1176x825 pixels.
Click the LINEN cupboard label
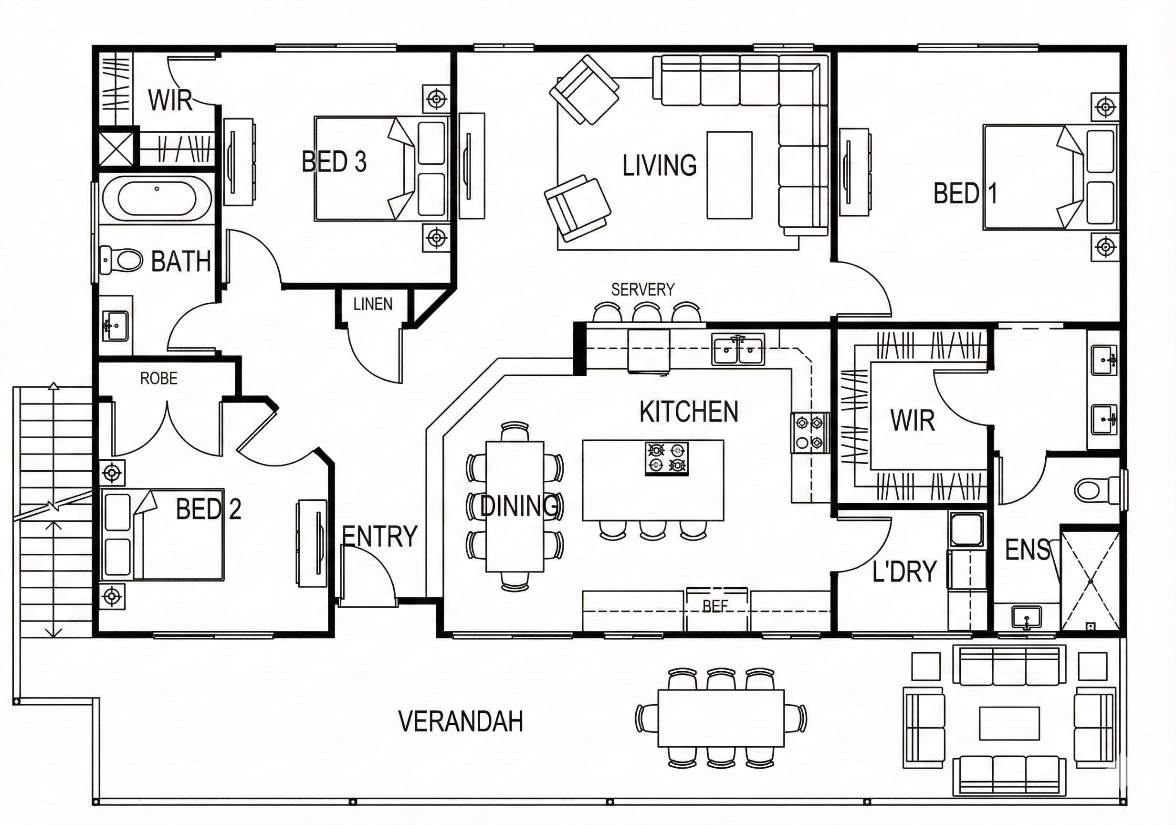click(x=373, y=305)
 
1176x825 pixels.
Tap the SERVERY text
click(x=643, y=289)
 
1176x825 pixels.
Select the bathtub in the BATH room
click(x=157, y=198)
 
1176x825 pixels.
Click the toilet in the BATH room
click(x=121, y=260)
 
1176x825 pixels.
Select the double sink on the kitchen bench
click(x=738, y=349)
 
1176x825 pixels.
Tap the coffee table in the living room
click(x=729, y=175)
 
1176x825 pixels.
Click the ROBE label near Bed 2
click(x=159, y=379)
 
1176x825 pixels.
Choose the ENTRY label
click(x=379, y=537)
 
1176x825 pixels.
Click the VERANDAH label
click(x=461, y=721)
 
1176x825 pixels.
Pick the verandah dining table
click(x=721, y=718)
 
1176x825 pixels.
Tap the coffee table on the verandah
click(x=1009, y=723)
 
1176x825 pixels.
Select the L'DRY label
click(x=904, y=571)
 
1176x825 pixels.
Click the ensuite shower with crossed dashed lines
click(x=1090, y=582)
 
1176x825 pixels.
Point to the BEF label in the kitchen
click(x=715, y=607)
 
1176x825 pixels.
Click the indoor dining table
click(x=515, y=506)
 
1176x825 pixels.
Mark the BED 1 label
click(x=966, y=194)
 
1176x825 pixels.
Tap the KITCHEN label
click(x=689, y=412)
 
